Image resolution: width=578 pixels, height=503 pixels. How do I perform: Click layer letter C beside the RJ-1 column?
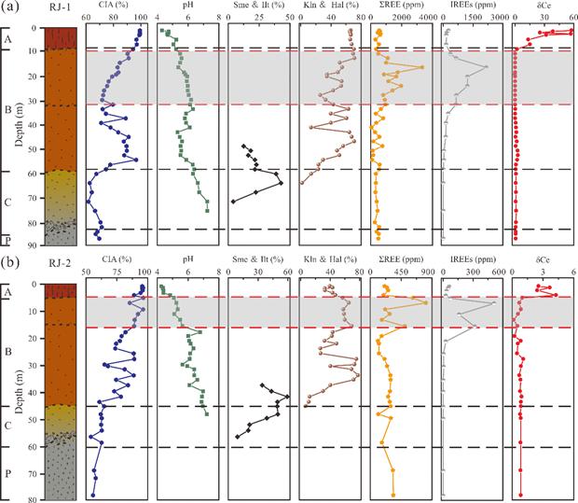(x=7, y=201)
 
